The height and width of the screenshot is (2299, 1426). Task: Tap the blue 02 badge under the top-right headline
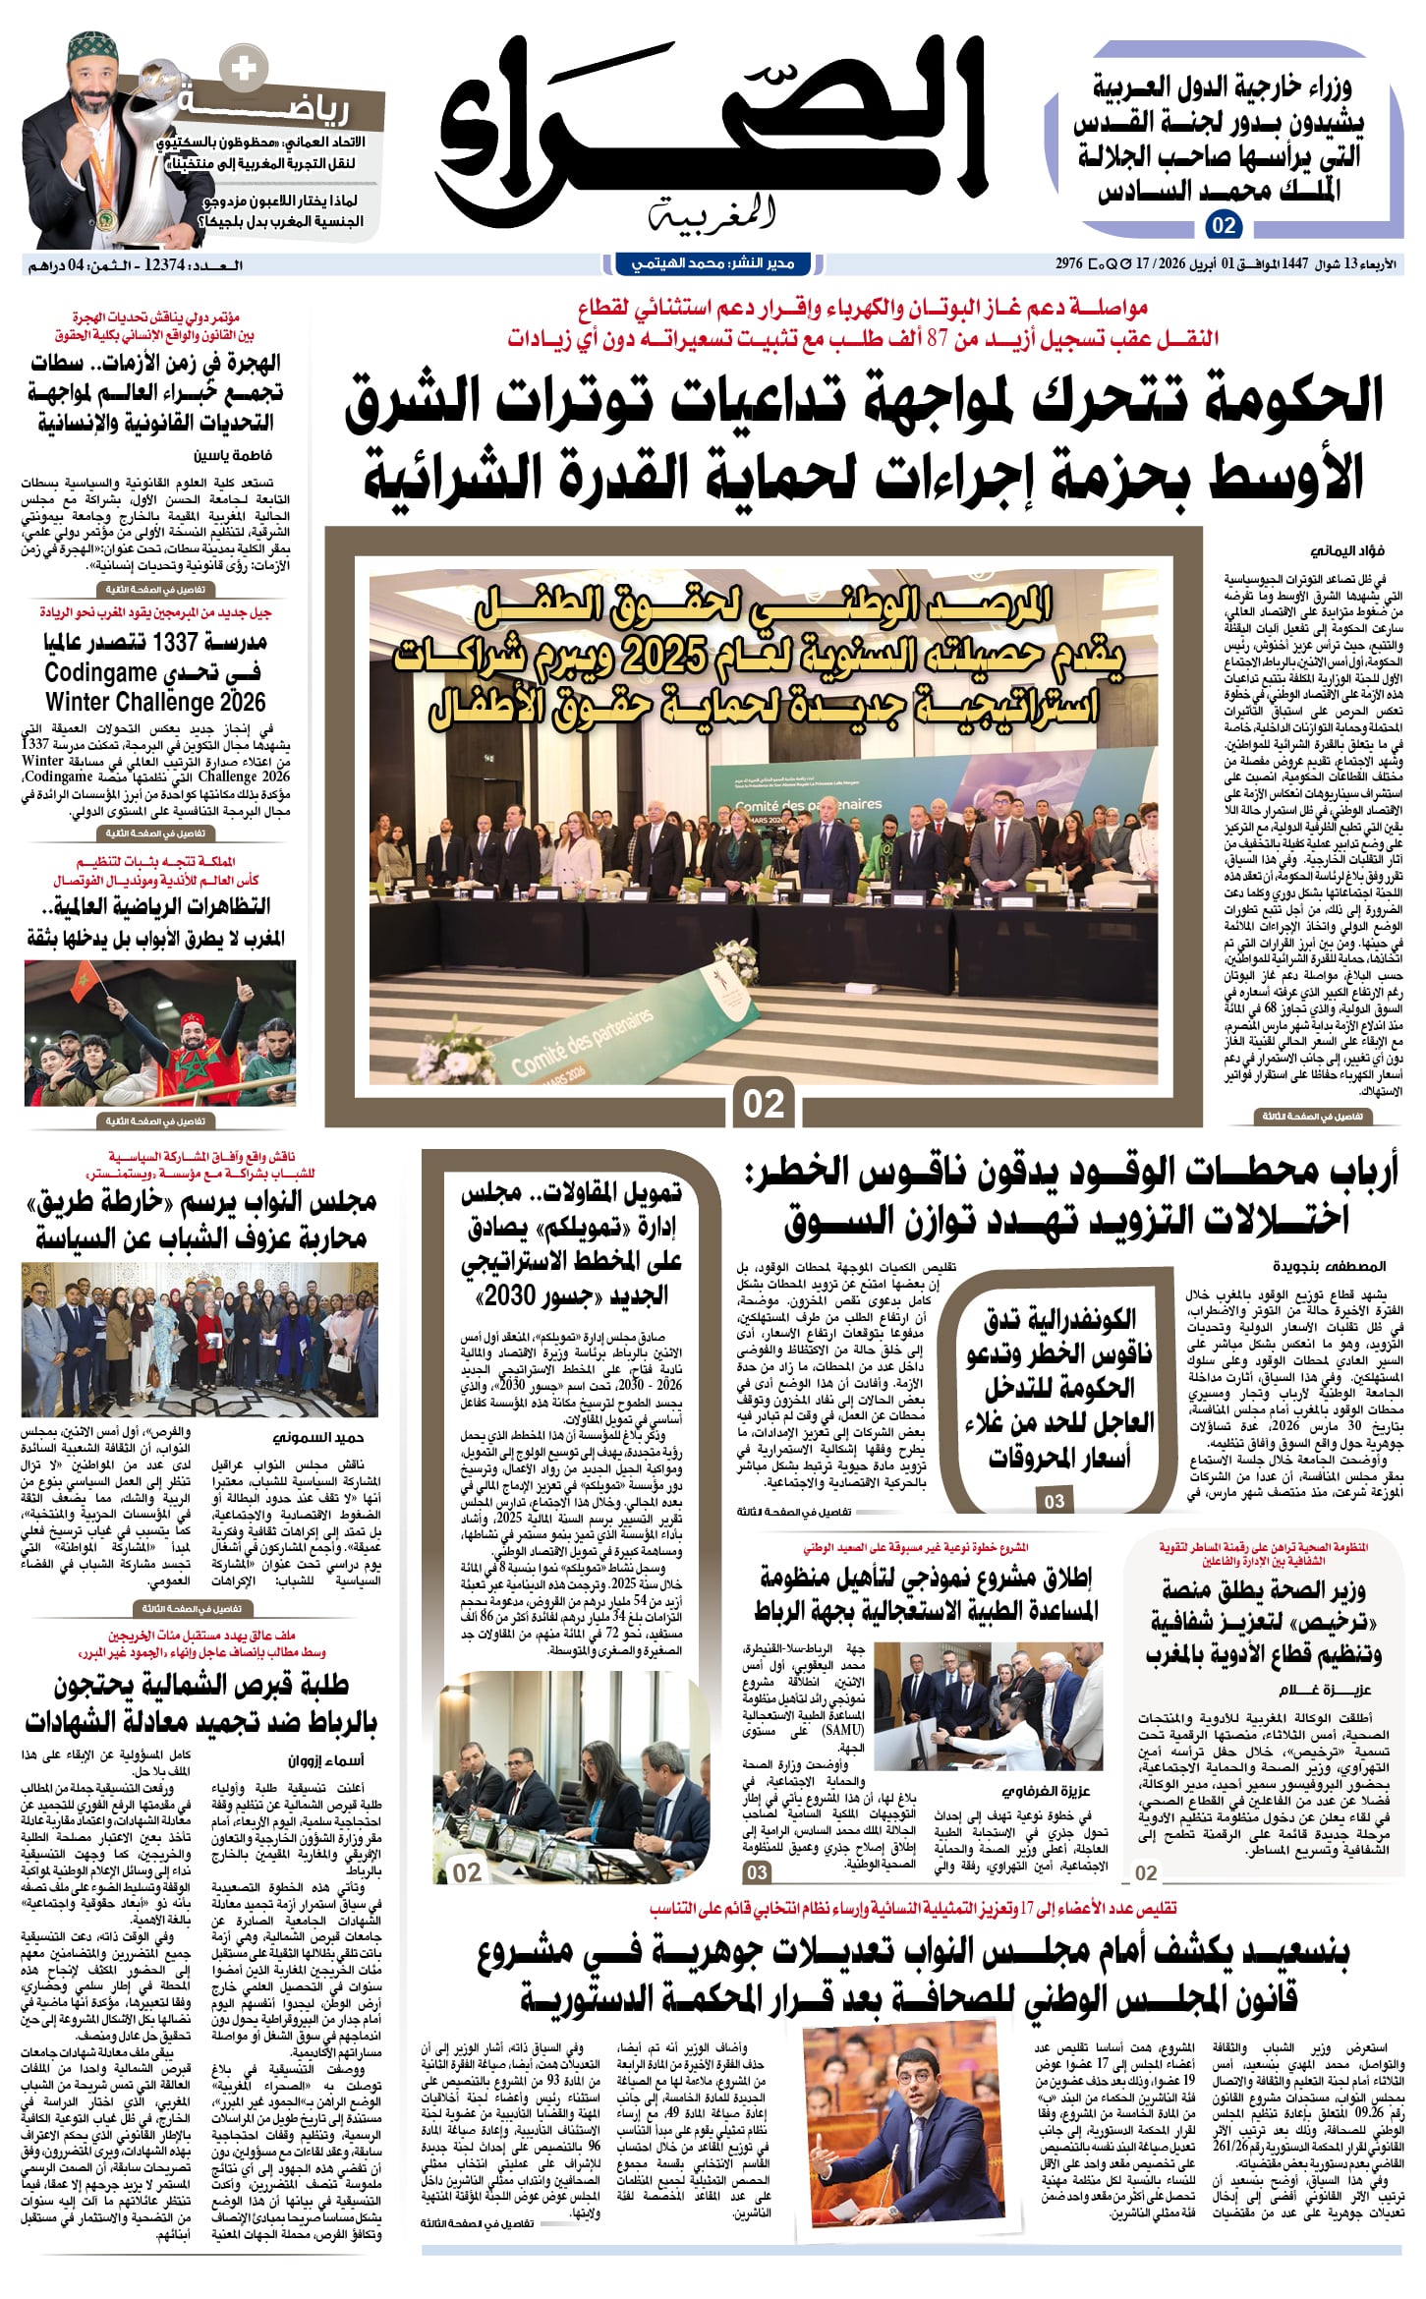coord(1224,226)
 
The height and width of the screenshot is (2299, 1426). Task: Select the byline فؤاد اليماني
coord(1348,551)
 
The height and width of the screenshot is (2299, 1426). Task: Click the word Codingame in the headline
coord(100,673)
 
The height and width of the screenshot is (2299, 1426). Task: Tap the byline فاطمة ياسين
coord(233,455)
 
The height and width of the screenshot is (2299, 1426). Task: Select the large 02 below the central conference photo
coord(764,1104)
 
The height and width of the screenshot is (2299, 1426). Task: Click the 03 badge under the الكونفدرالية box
coord(1055,1501)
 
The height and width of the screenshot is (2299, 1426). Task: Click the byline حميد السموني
coord(321,1438)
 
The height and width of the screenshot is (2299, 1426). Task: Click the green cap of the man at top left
coord(94,47)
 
